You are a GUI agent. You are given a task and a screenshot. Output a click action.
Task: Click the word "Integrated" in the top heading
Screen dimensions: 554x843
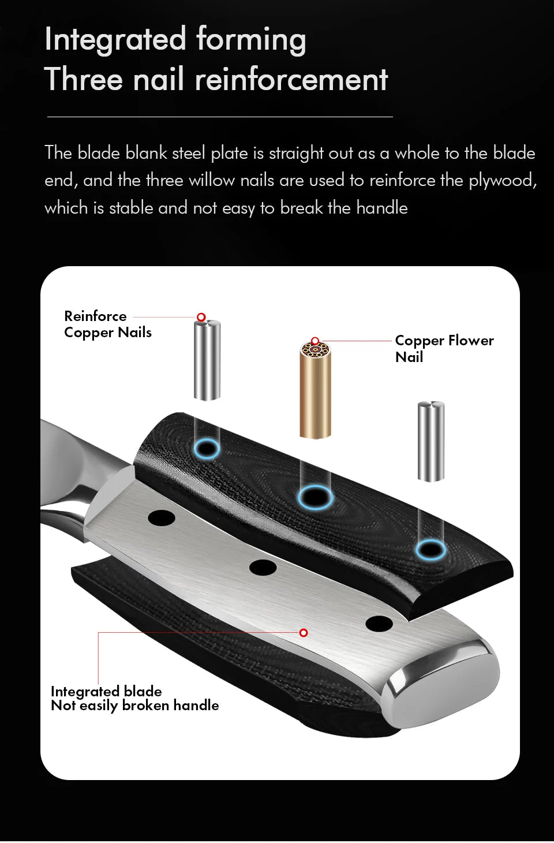click(115, 39)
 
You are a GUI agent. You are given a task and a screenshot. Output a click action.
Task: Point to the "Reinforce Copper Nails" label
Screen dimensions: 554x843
click(107, 324)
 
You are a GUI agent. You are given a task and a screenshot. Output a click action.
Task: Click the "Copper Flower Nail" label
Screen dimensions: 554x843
click(444, 349)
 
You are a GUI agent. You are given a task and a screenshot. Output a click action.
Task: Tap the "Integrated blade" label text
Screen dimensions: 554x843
click(106, 691)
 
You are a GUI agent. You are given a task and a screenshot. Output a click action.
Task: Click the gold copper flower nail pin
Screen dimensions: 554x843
click(315, 390)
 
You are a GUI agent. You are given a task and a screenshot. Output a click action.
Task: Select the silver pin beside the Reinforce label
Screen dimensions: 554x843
click(207, 360)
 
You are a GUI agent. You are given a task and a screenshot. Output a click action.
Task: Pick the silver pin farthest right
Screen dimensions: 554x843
click(431, 442)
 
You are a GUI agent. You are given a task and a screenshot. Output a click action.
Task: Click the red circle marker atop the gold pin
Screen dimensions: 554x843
click(315, 341)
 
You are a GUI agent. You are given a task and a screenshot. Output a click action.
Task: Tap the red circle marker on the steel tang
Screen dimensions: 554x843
click(304, 633)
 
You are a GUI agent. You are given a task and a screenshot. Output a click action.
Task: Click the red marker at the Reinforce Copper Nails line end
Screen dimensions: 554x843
click(201, 317)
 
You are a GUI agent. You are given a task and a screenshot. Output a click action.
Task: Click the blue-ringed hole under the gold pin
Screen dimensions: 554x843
click(315, 498)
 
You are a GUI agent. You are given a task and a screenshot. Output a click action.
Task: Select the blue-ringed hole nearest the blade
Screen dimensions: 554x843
click(207, 449)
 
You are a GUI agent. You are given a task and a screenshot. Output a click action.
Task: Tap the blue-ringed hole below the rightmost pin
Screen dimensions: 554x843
click(431, 550)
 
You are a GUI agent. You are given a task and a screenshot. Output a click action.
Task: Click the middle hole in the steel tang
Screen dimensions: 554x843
click(263, 568)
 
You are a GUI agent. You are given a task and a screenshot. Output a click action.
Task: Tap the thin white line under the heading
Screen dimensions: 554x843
click(220, 117)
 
